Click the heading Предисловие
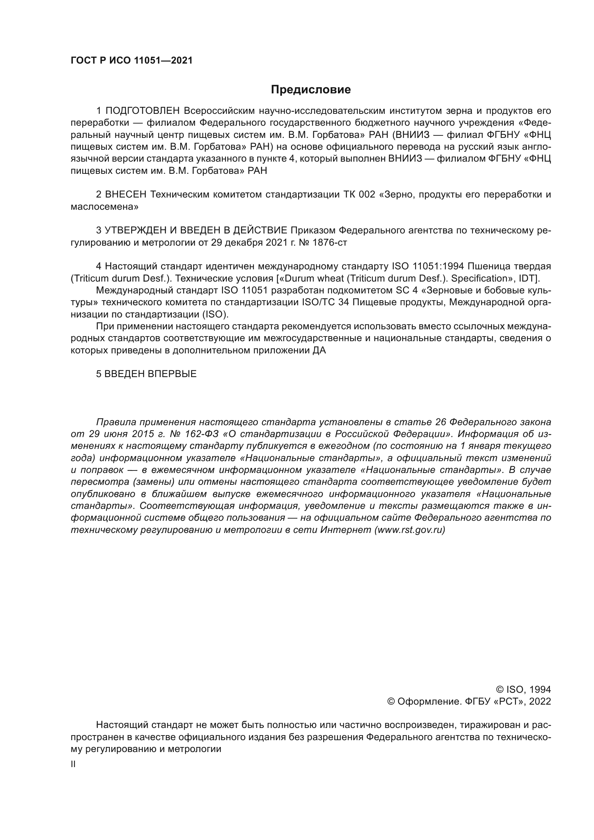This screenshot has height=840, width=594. coord(311,90)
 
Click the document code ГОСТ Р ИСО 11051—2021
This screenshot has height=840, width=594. coord(131,61)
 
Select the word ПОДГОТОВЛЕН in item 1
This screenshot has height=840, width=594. coord(143,111)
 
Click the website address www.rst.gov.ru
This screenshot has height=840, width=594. coord(410,530)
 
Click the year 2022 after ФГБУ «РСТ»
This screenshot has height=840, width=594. coord(540,702)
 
